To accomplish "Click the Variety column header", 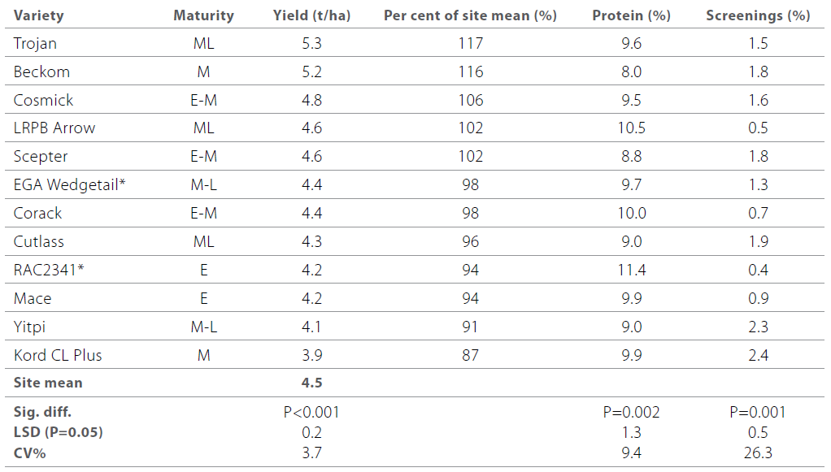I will click(38, 15).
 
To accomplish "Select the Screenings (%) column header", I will click(758, 15).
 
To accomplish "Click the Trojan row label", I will click(35, 43).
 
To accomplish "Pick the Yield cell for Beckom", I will click(311, 71).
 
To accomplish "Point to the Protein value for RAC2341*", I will click(631, 270).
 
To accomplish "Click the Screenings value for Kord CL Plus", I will click(758, 355).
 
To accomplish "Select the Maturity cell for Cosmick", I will click(203, 100).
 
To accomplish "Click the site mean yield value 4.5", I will click(311, 382).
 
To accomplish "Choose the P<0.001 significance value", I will click(311, 412).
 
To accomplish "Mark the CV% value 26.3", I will click(758, 453).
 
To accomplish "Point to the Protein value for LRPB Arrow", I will click(631, 128).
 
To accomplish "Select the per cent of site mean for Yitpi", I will click(469, 327).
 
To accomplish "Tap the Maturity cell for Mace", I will click(203, 298).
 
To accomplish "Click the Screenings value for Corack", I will click(758, 213).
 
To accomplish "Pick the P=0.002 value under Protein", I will click(631, 412).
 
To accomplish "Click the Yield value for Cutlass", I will click(311, 241).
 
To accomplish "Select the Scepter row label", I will click(41, 156).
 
